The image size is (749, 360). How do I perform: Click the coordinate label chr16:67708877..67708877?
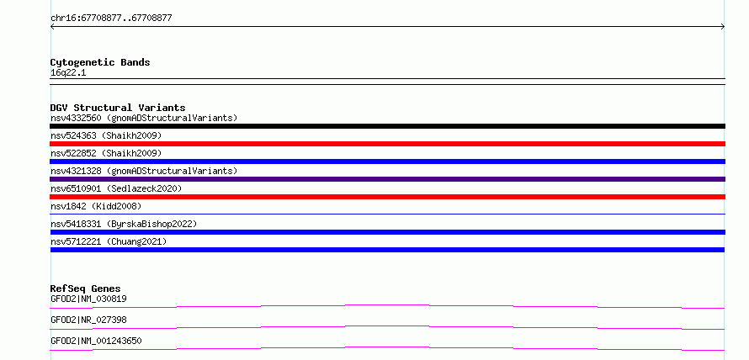[x=111, y=19]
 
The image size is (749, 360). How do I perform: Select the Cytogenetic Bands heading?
[x=100, y=62]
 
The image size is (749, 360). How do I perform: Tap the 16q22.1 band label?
[x=68, y=73]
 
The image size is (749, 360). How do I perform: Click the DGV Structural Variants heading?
[x=118, y=108]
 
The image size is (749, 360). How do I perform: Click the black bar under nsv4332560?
[x=387, y=126]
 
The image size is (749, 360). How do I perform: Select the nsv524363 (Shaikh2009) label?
[x=106, y=135]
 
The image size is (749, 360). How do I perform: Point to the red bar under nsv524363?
[x=387, y=144]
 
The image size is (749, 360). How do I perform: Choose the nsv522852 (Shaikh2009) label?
[x=106, y=153]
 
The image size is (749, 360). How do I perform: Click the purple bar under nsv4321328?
[x=387, y=179]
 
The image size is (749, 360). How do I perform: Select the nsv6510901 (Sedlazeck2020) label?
[x=116, y=188]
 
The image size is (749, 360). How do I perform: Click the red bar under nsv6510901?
[x=387, y=197]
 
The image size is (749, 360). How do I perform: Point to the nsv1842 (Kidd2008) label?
[x=96, y=206]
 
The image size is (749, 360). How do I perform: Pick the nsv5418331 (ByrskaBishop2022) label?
[x=124, y=224]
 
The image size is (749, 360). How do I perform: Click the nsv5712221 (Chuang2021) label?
[x=109, y=241]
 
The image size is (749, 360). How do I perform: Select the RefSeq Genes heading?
[x=86, y=289]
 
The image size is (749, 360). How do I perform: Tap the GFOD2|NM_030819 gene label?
[x=88, y=299]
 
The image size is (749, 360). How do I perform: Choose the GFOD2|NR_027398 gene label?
[x=88, y=320]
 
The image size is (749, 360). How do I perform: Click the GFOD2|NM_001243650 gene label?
[x=96, y=341]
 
